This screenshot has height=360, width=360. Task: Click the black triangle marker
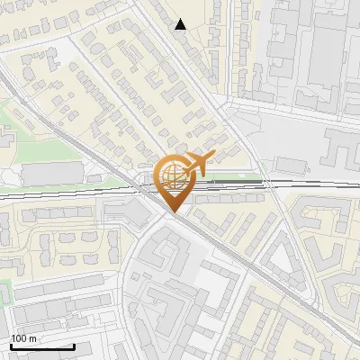181,24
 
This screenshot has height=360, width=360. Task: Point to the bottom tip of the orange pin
172,212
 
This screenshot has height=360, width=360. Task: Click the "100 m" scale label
23,338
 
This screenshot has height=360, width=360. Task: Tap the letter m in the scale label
32,338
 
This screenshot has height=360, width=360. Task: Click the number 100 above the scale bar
19,338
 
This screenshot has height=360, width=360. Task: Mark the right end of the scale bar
73,346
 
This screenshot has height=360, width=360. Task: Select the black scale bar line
41,346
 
